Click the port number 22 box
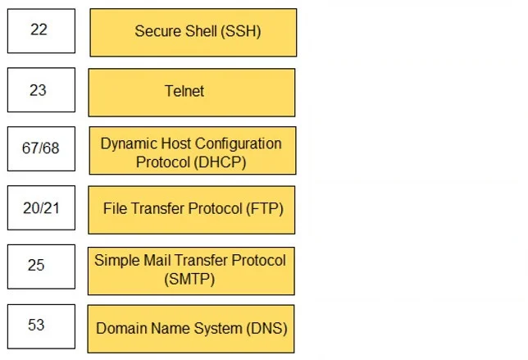click(x=41, y=31)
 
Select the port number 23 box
click(x=41, y=90)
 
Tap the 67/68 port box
click(x=41, y=149)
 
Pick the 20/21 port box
click(x=41, y=207)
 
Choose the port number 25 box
click(x=41, y=267)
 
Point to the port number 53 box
click(x=41, y=326)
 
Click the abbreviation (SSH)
click(x=241, y=31)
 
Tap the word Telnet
click(x=184, y=91)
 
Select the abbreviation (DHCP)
click(x=220, y=162)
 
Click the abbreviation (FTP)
click(x=265, y=208)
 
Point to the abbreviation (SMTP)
click(x=189, y=279)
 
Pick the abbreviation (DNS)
click(x=266, y=328)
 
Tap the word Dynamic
click(x=129, y=144)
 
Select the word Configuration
click(x=239, y=144)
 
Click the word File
click(x=115, y=208)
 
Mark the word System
click(x=219, y=328)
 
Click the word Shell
click(x=201, y=31)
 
